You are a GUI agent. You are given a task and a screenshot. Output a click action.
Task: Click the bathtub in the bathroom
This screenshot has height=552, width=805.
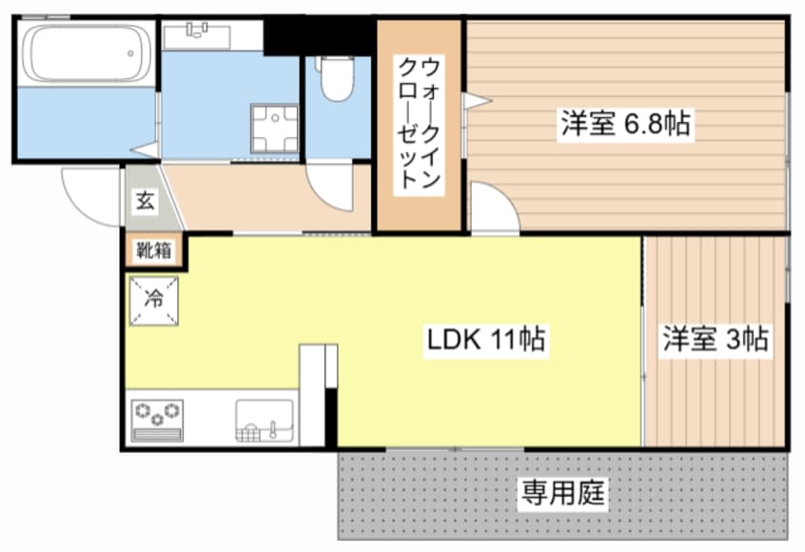click(x=86, y=55)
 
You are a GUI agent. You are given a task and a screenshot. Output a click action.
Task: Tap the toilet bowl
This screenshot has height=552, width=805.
click(x=336, y=79)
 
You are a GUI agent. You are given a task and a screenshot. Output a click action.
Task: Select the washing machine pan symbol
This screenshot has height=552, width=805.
click(x=274, y=128)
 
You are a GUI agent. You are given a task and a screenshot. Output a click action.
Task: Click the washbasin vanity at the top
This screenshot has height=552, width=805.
click(x=198, y=36)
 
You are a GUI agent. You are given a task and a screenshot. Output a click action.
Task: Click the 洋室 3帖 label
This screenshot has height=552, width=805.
click(x=716, y=339)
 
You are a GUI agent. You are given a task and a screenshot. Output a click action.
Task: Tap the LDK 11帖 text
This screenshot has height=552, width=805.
click(x=486, y=339)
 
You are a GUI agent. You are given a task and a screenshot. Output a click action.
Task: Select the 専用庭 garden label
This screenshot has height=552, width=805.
click(x=562, y=493)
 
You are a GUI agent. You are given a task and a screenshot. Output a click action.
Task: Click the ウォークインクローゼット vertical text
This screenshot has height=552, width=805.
click(x=419, y=124)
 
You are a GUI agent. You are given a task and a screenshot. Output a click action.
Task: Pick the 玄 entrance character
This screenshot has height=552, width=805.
click(x=145, y=201)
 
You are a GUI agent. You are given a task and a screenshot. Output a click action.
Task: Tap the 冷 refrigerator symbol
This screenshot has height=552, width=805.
click(x=152, y=297)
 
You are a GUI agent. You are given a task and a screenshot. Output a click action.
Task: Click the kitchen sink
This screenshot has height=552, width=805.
click(x=265, y=420)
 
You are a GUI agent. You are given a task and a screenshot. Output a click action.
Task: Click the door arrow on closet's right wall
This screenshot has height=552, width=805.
click(x=475, y=100)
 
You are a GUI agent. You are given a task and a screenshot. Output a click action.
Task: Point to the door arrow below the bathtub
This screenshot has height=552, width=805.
click(x=145, y=149)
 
